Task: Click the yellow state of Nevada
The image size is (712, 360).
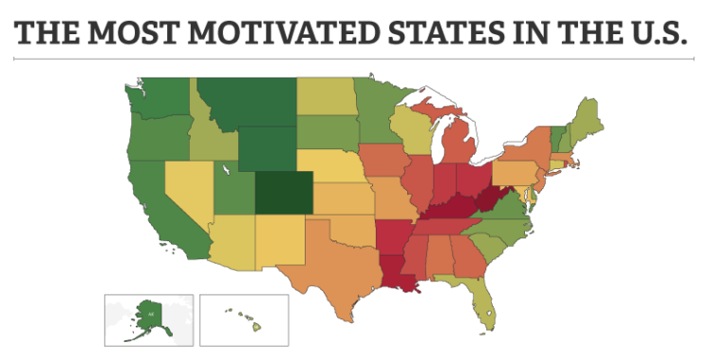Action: (191, 189)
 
